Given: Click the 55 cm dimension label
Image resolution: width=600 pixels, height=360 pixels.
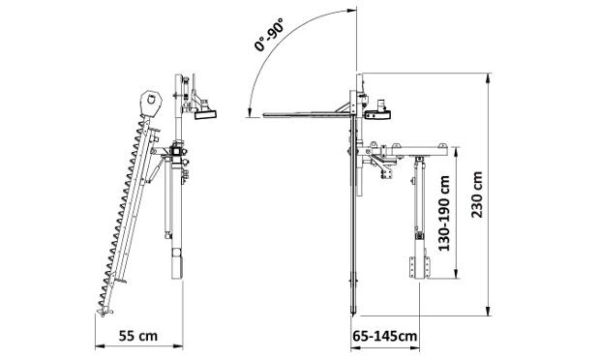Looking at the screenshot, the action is pos(137,336).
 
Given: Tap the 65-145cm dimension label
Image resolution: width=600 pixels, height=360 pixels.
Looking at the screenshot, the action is pos(385,336).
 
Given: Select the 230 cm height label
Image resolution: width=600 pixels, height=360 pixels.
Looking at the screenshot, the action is pos(477,195).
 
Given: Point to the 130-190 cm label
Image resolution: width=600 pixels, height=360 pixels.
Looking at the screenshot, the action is pos(444,213).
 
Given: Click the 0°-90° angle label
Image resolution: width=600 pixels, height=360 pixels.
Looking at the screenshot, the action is pos(269,35).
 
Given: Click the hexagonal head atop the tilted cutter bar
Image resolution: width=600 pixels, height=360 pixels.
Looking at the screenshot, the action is pos(151,102).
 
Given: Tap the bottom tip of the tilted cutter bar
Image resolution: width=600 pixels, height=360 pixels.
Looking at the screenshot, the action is pos(103,315).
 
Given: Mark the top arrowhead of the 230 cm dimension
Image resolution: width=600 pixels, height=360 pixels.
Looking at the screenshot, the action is pos(488,78).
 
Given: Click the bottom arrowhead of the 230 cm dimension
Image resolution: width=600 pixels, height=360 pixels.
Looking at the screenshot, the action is pos(489,311).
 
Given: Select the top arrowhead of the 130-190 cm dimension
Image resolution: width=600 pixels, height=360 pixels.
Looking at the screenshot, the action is pos(456,152).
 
